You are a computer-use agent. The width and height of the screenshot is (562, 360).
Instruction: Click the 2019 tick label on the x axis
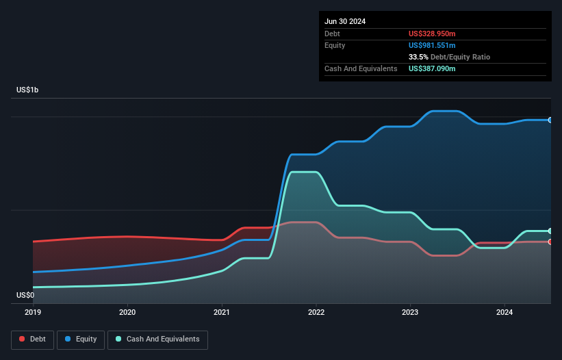click(x=33, y=312)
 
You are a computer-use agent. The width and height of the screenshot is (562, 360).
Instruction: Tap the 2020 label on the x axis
click(x=127, y=312)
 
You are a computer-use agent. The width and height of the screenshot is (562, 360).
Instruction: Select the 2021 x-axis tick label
click(x=222, y=312)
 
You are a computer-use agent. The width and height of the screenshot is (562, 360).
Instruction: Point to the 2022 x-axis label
click(x=316, y=312)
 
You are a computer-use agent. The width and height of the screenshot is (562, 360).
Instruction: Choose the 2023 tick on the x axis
click(x=410, y=312)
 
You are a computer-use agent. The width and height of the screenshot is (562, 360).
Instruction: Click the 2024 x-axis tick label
click(x=504, y=312)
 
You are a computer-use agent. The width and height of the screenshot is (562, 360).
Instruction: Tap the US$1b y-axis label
click(x=28, y=90)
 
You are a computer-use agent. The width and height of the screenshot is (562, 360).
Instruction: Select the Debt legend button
click(x=32, y=339)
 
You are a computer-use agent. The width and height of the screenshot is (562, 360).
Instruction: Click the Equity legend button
click(x=81, y=339)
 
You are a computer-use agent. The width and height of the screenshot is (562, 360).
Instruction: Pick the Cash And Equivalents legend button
click(x=157, y=339)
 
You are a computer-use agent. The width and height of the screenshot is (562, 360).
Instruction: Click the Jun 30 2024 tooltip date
click(x=345, y=21)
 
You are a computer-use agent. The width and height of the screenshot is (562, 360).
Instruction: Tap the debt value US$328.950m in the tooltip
click(x=432, y=34)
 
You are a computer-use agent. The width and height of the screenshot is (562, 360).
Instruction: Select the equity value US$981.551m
click(x=432, y=45)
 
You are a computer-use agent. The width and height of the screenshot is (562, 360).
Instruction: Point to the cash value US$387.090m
click(x=432, y=68)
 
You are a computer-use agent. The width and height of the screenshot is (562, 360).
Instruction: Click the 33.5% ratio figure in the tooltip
click(x=419, y=57)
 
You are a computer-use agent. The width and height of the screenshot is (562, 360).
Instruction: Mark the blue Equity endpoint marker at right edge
click(x=550, y=120)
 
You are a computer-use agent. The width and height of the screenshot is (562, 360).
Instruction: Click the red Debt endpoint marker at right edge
click(x=550, y=242)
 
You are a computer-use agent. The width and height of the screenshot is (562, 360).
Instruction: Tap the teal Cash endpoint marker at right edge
click(x=550, y=231)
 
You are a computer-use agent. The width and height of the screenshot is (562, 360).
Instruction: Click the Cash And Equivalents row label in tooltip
click(x=361, y=68)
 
